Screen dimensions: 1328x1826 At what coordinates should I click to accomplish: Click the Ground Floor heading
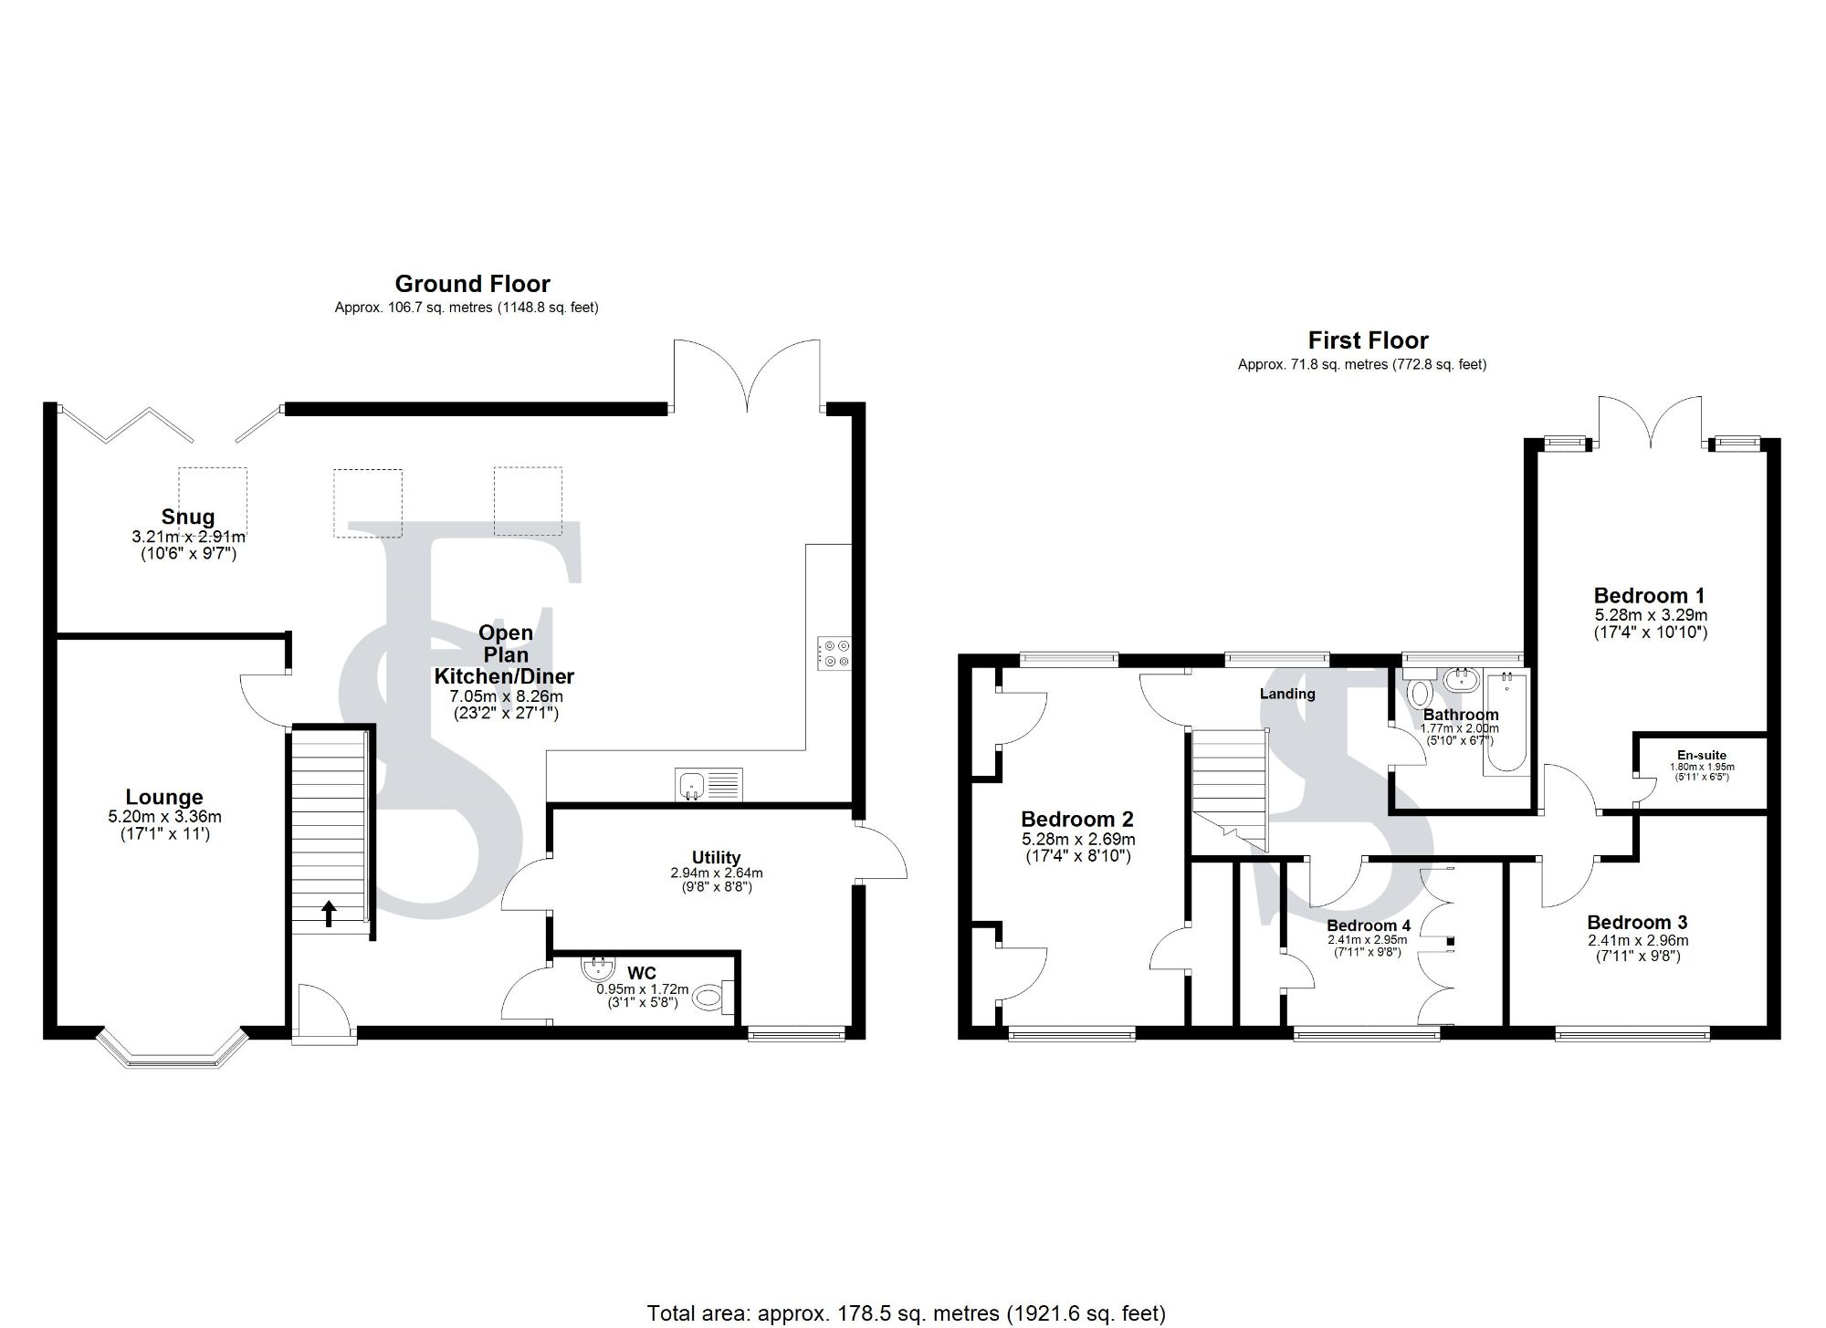pos(472,284)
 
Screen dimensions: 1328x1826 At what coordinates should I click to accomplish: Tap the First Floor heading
pos(1368,340)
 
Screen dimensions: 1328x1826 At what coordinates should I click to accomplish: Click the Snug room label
pos(188,517)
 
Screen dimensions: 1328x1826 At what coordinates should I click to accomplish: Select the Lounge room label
pos(164,797)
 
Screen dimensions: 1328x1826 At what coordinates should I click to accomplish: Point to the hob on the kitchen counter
pos(835,653)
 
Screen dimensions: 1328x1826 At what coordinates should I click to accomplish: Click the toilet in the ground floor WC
pos(713,998)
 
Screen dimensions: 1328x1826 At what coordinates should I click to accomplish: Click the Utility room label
pos(716,857)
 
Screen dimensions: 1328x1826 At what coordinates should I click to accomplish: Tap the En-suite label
pos(1702,755)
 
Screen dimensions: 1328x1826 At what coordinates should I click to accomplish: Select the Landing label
pos(1287,694)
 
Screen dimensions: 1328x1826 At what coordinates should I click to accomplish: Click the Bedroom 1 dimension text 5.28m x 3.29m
pos(1650,615)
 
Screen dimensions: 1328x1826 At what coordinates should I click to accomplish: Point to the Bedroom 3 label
pos(1637,922)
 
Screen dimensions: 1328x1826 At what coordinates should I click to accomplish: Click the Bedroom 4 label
pos(1369,925)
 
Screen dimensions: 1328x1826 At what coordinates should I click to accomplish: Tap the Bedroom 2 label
pos(1077,819)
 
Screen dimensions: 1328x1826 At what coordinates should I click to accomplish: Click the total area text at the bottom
pos(906,1313)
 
